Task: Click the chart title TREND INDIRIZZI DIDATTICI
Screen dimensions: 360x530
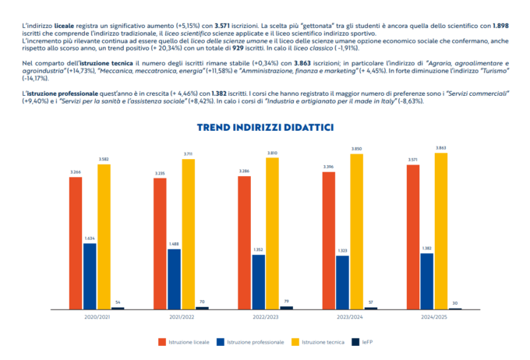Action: click(265, 127)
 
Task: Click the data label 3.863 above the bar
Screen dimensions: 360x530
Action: click(441, 148)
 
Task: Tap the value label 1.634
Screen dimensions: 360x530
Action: click(90, 238)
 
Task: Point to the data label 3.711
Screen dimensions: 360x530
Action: click(188, 154)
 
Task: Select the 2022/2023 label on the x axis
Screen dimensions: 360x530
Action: click(265, 316)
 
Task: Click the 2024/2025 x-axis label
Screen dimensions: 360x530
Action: click(433, 316)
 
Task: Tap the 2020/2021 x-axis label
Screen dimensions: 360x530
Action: click(97, 316)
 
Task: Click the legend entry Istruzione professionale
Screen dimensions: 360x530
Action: click(258, 341)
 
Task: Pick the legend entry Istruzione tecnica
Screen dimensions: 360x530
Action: click(322, 341)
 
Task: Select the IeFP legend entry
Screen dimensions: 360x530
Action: click(366, 341)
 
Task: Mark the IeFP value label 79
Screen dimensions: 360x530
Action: click(286, 301)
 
